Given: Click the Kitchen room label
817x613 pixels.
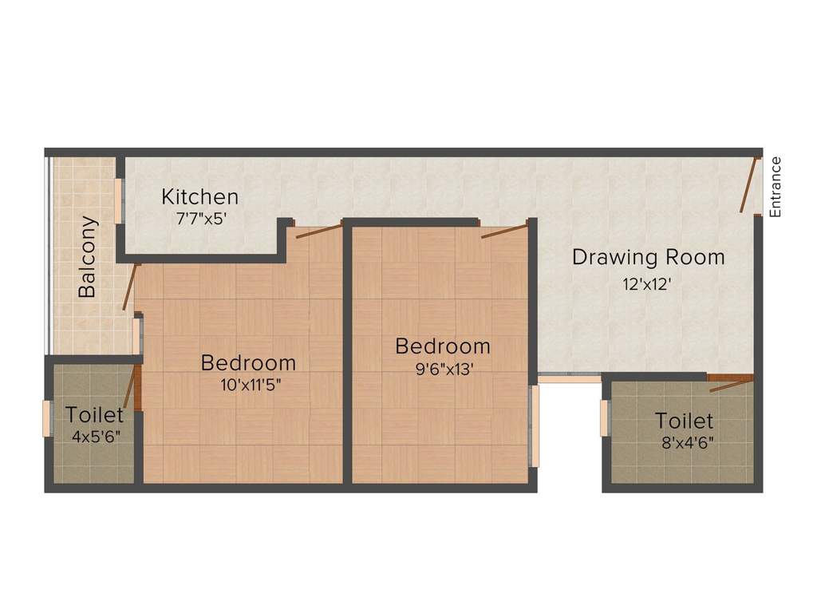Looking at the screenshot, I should pos(199,196).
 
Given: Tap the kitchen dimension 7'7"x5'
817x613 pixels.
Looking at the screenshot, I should pos(202,218).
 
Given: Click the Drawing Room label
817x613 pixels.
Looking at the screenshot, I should pos(649,258).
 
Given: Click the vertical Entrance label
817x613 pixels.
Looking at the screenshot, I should pos(776,187).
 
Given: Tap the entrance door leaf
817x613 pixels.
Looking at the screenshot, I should pos(748,186).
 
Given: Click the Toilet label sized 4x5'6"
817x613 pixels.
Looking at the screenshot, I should pos(95,415).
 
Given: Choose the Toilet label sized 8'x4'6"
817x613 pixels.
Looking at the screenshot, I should pos(684,421).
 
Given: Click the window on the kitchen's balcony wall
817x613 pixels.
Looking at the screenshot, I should pos(119,200).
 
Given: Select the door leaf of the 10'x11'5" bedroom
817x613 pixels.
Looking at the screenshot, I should pos(318,231).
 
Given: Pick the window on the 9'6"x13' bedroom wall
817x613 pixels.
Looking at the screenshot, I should pos(534,425).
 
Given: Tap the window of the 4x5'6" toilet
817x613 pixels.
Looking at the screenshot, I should pos(46,418).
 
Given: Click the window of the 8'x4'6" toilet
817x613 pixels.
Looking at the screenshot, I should pos(604,418).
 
